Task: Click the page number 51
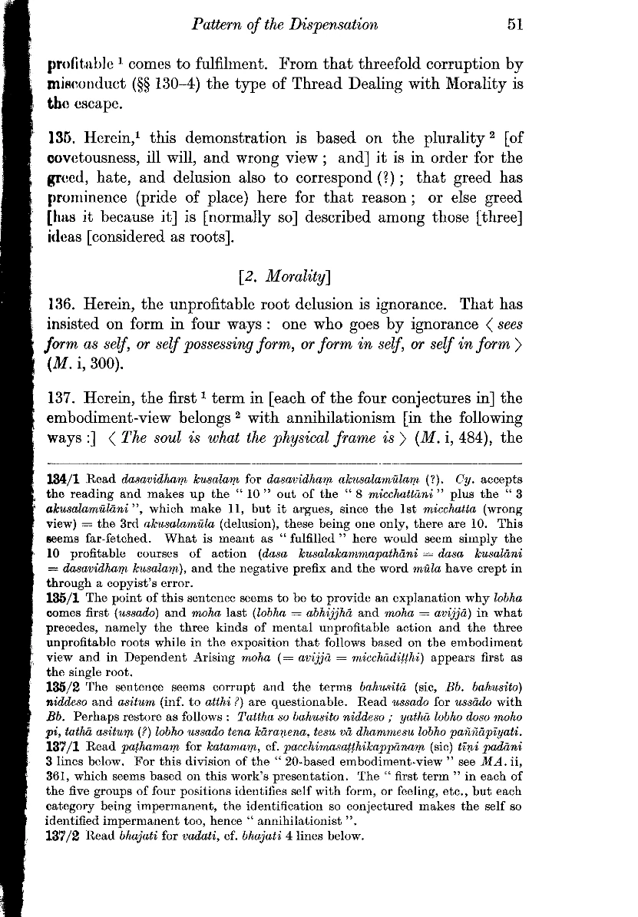515,25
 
